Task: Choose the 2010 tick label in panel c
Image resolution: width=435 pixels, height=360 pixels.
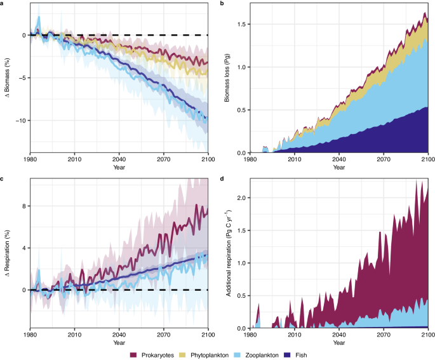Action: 74,334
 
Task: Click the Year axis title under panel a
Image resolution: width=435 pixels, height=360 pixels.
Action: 118,168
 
